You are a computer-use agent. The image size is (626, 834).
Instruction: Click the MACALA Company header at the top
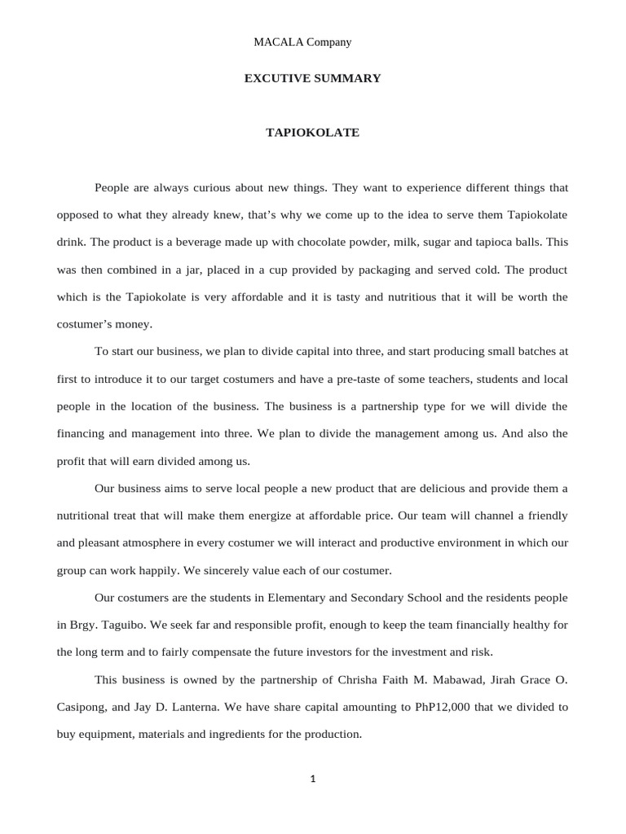tap(313, 42)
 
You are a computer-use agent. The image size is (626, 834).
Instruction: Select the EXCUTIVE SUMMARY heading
tap(313, 79)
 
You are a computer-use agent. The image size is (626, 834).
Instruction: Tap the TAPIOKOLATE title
tap(313, 132)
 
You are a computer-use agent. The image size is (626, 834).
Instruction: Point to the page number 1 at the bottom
tap(313, 779)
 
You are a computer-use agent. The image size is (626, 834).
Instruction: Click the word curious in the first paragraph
tap(214, 187)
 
